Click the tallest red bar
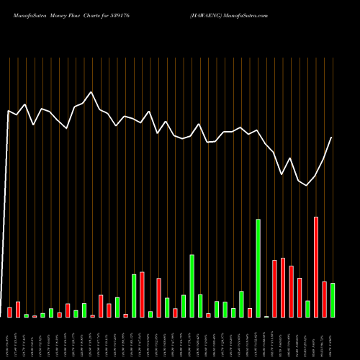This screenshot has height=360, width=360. click(316, 266)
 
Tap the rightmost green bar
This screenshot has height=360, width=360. click(333, 300)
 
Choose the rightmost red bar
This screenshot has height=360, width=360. click(324, 299)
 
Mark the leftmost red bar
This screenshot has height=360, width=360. click(9, 312)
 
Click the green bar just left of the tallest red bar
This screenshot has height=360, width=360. click(307, 309)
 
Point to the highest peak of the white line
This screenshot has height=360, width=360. click(91, 92)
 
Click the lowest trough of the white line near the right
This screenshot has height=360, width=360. click(307, 186)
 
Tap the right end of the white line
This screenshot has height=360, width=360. click(332, 138)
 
